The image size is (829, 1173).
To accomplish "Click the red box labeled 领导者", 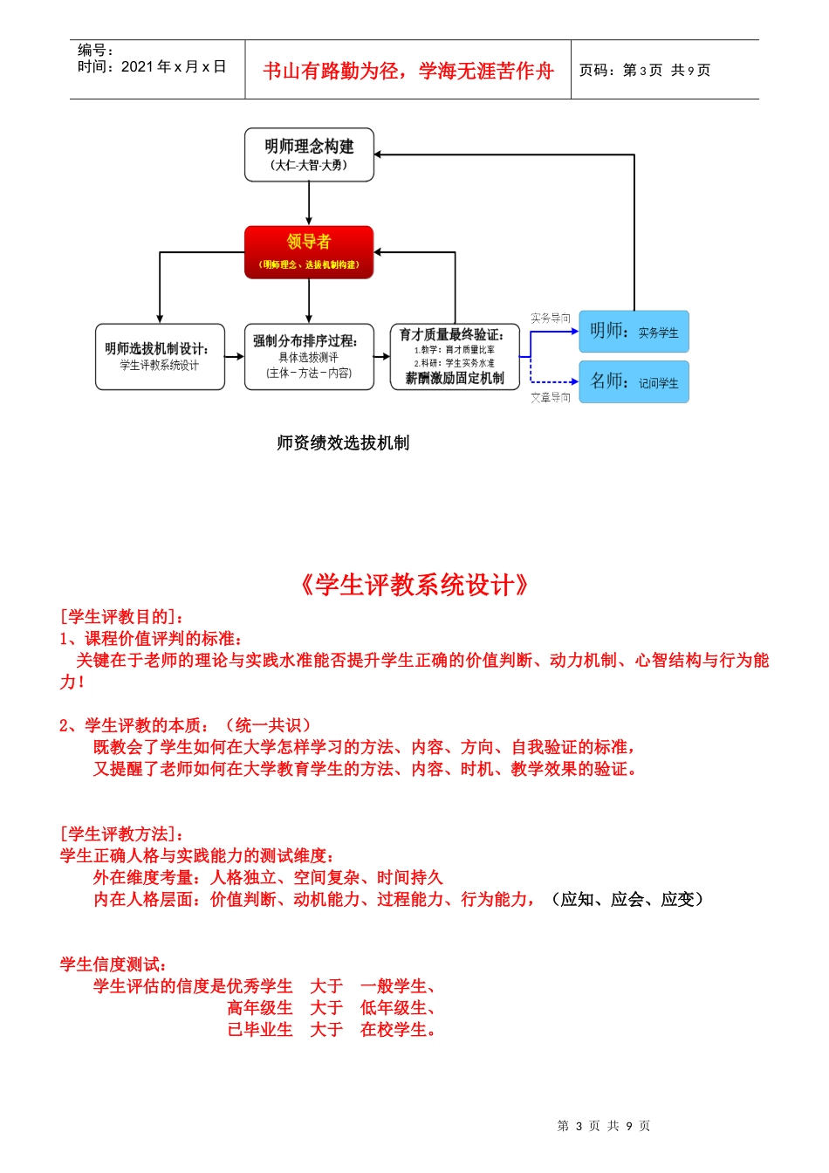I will [309, 252].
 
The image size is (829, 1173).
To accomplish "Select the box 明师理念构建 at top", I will [309, 154].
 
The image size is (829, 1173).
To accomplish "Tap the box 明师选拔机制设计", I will [160, 356].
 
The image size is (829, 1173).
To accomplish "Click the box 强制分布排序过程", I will [309, 356].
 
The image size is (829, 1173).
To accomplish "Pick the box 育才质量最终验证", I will [455, 356].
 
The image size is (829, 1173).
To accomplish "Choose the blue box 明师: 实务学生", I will [634, 332].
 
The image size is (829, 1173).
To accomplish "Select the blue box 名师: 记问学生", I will [634, 381].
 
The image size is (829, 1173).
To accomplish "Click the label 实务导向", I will [551, 318].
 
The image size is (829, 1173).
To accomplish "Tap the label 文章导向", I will [551, 397].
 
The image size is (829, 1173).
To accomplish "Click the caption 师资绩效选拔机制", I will [343, 442].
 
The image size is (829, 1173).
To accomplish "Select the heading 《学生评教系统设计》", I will [414, 584].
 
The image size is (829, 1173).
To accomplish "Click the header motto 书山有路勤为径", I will [408, 71].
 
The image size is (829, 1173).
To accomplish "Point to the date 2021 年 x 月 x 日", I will [173, 66].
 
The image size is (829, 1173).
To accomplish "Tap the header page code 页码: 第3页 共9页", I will [645, 70].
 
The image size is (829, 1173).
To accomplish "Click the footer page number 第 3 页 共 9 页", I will [604, 1126].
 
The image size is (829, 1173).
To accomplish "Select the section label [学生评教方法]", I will [121, 833].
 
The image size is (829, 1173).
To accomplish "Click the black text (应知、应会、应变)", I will [627, 899].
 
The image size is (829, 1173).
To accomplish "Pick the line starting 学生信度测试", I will [113, 964].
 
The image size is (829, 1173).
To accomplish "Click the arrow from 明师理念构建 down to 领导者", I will [309, 204].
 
